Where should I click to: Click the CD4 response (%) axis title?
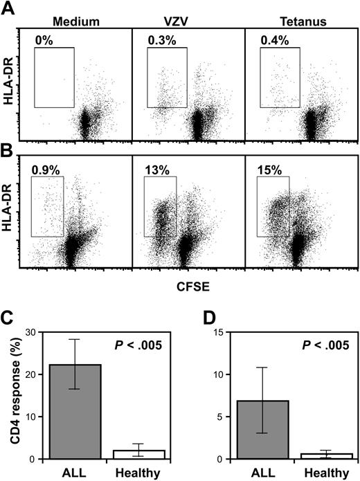13,398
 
